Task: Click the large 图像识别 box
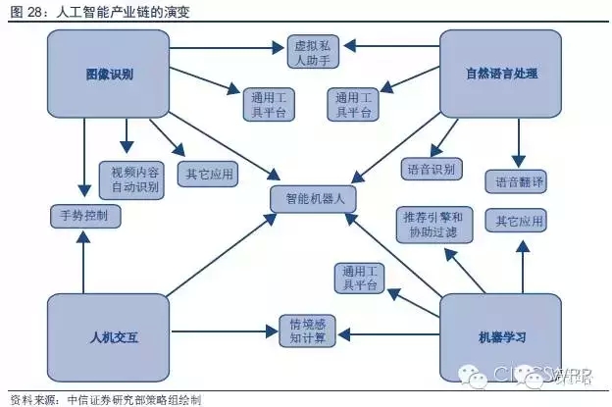[x=109, y=74]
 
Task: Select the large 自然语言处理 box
[x=501, y=74]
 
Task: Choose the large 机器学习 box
[x=501, y=336]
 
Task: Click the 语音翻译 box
[x=515, y=181]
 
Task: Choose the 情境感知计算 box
[x=308, y=331]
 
